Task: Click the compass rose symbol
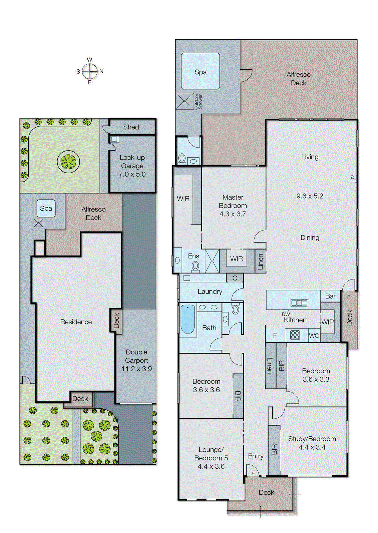pos(90,71)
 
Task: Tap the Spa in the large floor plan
pos(200,72)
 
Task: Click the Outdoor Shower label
pos(198,101)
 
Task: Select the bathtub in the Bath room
pos(187,319)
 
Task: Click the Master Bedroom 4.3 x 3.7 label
pos(233,206)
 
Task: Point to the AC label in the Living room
pos(352,178)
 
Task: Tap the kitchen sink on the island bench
pos(299,303)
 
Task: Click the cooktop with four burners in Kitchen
pos(295,335)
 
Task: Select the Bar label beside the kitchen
pos(330,296)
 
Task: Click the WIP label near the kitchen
pos(327,322)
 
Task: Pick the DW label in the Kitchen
pos(286,314)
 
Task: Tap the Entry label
pos(256,456)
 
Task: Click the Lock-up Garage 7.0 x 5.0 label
pos(132,166)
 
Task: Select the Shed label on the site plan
pos(131,127)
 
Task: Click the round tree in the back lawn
pos(68,162)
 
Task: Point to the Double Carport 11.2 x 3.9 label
pos(136,360)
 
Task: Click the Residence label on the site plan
pos(76,322)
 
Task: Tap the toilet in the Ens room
pos(195,266)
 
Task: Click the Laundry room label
pos(210,291)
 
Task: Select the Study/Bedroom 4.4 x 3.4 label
pos(312,443)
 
